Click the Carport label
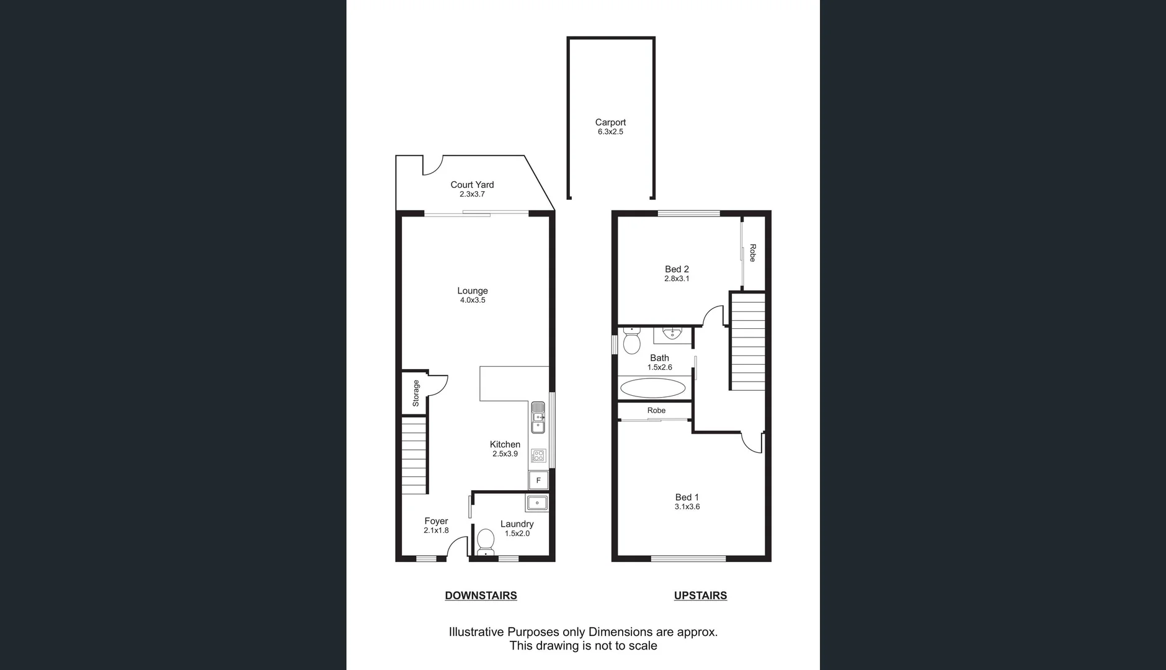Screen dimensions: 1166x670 click(x=610, y=122)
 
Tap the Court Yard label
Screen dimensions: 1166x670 click(x=472, y=184)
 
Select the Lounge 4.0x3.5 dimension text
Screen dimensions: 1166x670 click(x=473, y=300)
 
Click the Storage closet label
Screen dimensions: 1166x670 click(x=416, y=393)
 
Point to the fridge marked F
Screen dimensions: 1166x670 click(x=538, y=480)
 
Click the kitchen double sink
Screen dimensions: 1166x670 click(x=538, y=417)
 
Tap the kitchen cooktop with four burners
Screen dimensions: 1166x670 click(x=538, y=456)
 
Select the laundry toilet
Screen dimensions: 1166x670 click(x=486, y=542)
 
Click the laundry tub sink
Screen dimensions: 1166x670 click(x=536, y=502)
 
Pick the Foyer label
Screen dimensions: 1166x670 click(x=436, y=521)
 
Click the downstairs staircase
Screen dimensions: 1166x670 click(x=414, y=456)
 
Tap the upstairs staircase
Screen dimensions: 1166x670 click(x=748, y=342)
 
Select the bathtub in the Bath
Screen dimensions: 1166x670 click(x=653, y=388)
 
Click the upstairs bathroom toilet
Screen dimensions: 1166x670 click(x=631, y=340)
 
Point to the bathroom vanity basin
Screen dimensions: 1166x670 click(x=672, y=334)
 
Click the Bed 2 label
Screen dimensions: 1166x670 click(x=677, y=269)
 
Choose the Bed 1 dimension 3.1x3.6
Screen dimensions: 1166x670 click(x=687, y=507)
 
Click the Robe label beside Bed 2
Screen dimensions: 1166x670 click(x=752, y=253)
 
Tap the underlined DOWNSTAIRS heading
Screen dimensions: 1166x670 click(x=481, y=596)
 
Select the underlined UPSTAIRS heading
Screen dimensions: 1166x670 click(x=700, y=596)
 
